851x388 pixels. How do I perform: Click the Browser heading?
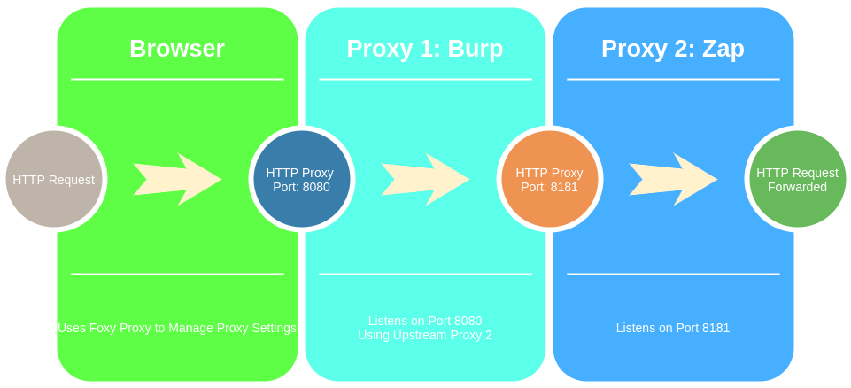click(x=177, y=49)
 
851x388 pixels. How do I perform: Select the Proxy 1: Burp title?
click(x=425, y=49)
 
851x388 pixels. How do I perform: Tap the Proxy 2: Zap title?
click(x=673, y=49)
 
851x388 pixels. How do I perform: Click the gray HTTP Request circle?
click(x=53, y=180)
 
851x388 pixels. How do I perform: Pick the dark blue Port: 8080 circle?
click(x=301, y=180)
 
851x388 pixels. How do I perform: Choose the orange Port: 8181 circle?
click(x=549, y=180)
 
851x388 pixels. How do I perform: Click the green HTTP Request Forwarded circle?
click(x=797, y=180)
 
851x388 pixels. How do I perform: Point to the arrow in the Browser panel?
click(x=177, y=180)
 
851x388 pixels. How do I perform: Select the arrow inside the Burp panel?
click(x=425, y=180)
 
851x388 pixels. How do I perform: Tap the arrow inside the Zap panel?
click(x=673, y=180)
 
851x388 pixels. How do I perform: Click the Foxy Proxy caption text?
click(x=177, y=328)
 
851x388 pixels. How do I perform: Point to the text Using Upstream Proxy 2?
click(x=425, y=336)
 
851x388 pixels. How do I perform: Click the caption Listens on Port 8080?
click(x=425, y=321)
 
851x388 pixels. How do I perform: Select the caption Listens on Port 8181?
click(x=673, y=328)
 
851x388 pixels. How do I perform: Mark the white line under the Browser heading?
click(x=177, y=79)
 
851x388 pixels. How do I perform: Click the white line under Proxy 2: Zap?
click(x=673, y=79)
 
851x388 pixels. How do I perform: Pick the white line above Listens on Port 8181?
click(x=673, y=274)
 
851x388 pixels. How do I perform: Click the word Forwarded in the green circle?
click(x=797, y=188)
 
